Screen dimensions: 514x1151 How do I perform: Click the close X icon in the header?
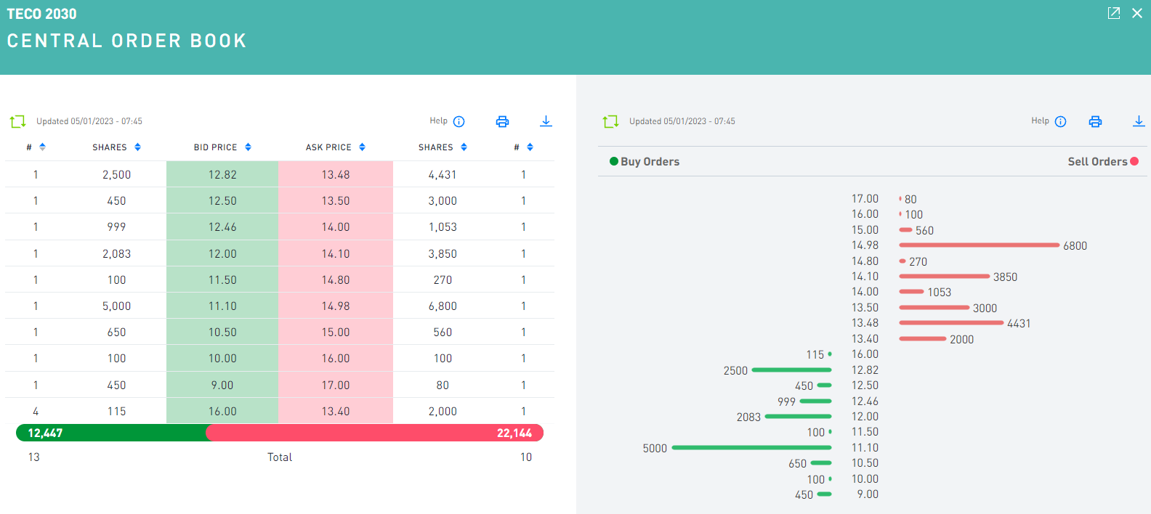1137,13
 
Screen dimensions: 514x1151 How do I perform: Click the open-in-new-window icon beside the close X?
1113,13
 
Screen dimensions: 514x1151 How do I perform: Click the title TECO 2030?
41,14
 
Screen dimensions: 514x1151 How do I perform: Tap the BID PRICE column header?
215,147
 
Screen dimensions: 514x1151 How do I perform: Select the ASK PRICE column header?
328,147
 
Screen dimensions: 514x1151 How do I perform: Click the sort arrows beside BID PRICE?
249,147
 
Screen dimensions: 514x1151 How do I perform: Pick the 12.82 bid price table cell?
222,175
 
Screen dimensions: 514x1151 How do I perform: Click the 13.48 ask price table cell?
336,175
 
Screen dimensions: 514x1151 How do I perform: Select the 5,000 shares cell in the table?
116,306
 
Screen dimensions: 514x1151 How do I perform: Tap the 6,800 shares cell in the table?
443,306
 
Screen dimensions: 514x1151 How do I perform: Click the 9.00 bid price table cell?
222,385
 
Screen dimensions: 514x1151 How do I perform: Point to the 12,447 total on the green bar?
45,433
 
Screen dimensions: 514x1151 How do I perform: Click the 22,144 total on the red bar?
514,433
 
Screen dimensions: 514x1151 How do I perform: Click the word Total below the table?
280,457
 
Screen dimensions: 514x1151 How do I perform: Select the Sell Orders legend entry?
1097,162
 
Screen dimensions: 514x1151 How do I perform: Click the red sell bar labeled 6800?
979,245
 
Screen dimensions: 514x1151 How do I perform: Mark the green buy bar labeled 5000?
751,448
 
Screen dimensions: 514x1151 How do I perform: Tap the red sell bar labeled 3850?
944,277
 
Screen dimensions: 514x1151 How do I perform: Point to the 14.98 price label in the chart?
865,245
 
